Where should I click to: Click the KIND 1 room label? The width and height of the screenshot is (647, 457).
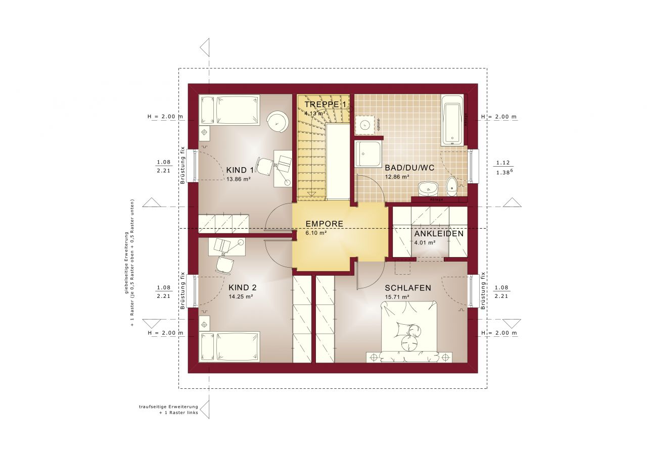[240, 170]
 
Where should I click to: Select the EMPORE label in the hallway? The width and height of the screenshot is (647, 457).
[324, 224]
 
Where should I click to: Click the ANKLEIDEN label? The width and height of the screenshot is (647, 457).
[439, 234]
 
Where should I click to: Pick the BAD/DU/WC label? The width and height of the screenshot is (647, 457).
[409, 168]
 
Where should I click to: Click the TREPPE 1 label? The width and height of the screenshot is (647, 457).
[326, 105]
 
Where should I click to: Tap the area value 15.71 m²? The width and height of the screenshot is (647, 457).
[397, 297]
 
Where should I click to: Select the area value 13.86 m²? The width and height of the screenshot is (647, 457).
[239, 179]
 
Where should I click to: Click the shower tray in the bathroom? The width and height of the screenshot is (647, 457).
[368, 154]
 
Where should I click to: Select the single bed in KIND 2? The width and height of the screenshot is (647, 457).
[229, 346]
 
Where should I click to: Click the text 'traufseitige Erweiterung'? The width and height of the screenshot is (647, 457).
[168, 407]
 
